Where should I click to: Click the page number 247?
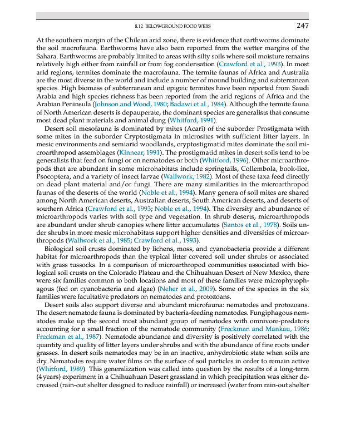tap(303, 26)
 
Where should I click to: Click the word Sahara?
tap(47, 56)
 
